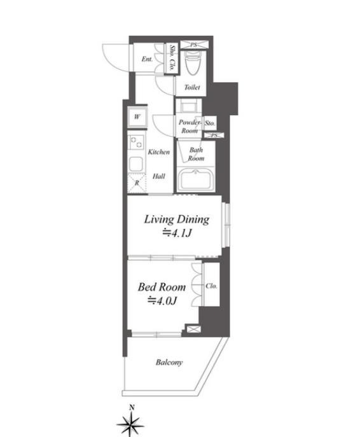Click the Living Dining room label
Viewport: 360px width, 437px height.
pos(176,220)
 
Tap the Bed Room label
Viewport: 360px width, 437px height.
pos(162,287)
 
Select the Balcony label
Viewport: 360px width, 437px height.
pos(169,363)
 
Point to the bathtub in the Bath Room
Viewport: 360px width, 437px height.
pos(195,180)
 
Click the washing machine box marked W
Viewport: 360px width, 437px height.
pos(137,116)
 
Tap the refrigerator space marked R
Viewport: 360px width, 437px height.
pos(137,183)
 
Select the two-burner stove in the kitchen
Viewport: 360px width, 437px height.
pos(136,142)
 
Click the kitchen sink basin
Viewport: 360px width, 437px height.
pos(136,165)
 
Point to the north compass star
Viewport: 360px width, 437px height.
pos(130,426)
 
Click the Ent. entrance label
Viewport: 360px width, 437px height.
pos(147,59)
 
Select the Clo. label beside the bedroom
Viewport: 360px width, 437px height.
pos(211,286)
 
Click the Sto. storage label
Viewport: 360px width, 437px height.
pos(210,123)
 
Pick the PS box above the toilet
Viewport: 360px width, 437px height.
pos(194,45)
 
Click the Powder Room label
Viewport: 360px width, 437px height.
pos(190,126)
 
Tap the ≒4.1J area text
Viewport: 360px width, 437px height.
pos(177,233)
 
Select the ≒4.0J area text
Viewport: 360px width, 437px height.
pos(162,301)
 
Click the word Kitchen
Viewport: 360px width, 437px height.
pos(158,152)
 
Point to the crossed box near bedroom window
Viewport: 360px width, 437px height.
pos(193,329)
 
